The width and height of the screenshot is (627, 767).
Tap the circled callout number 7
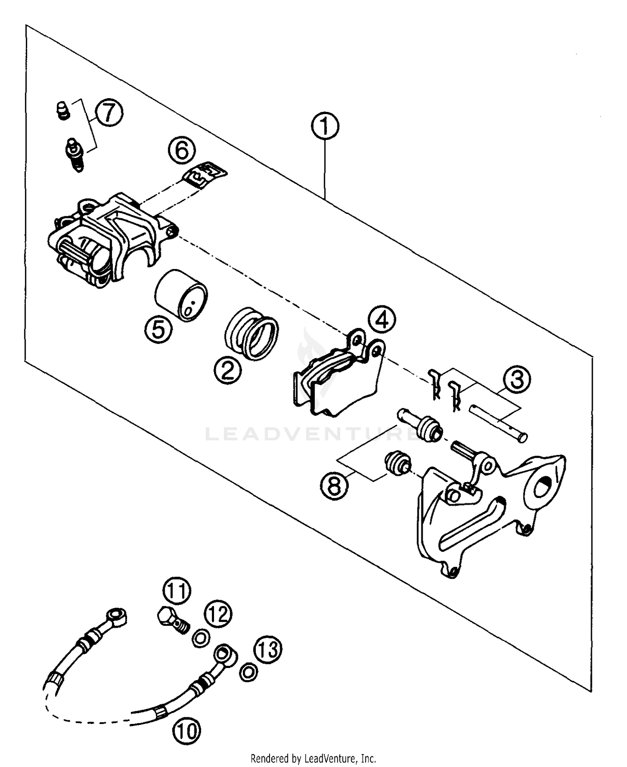coord(109,113)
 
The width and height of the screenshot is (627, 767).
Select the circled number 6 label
coord(182,150)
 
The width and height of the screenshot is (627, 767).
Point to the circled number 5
coord(158,330)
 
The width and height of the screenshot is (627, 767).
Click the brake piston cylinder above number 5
coord(181,295)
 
